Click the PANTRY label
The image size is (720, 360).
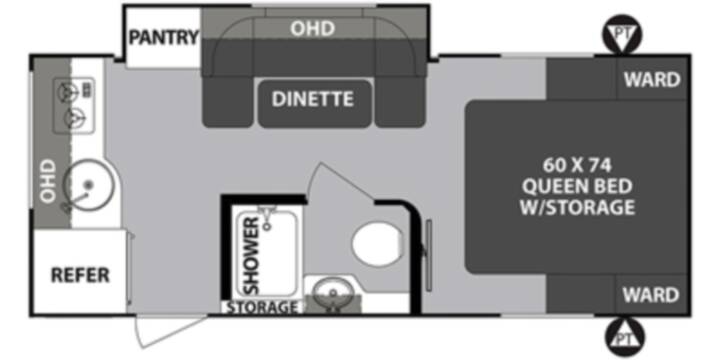coord(164,37)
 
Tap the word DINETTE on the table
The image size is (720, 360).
coord(313,99)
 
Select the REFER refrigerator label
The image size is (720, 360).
coord(80,275)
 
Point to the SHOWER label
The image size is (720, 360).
coord(251,255)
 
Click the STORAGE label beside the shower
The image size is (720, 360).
coord(262,307)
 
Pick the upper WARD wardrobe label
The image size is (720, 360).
coord(652,80)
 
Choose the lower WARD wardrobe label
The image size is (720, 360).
coord(651,294)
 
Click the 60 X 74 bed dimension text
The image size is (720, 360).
coord(578,164)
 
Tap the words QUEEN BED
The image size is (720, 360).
coord(578,186)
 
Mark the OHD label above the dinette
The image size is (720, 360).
coord(312,29)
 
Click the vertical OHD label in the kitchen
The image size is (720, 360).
coord(48,181)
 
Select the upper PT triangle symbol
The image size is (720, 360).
coord(622,34)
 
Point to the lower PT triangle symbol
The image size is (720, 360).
coord(624,338)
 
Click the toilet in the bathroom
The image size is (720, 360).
coord(377,244)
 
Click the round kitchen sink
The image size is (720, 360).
coord(88,185)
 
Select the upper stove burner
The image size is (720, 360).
coord(67,93)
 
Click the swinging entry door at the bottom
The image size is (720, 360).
coord(170,330)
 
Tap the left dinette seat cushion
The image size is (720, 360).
coord(227,101)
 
